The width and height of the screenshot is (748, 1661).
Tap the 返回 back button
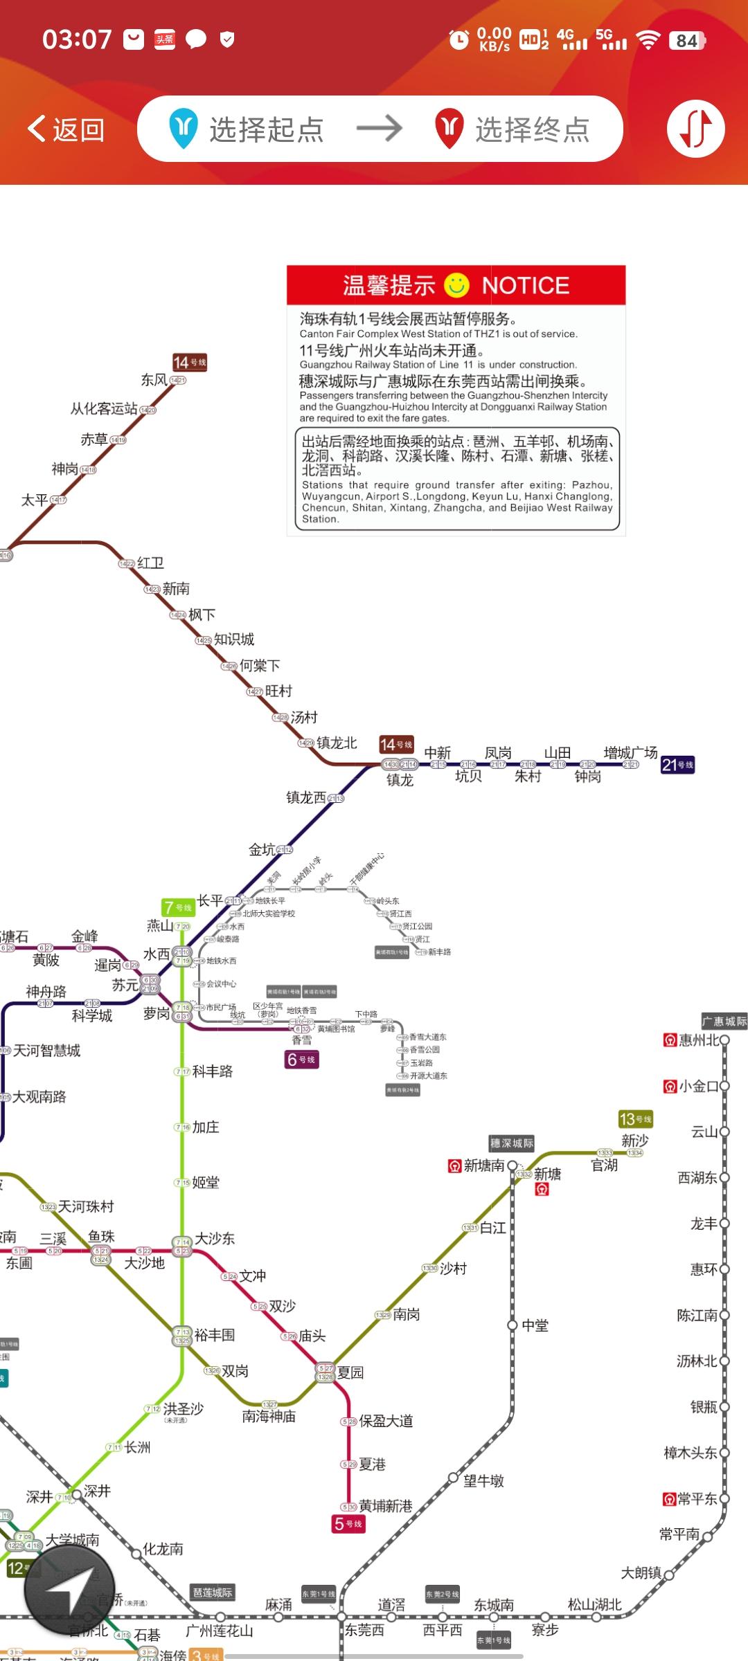66,129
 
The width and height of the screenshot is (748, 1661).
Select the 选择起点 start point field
266,129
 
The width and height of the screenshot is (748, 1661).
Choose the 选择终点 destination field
531,129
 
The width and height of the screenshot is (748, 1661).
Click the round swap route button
695,129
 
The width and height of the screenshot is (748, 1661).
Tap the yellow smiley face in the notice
456,284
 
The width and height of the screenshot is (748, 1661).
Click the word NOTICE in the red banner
525,285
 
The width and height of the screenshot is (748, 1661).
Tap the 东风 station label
154,379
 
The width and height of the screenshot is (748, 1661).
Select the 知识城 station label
233,639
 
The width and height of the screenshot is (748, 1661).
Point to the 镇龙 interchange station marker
400,765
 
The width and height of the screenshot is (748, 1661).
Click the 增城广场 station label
630,752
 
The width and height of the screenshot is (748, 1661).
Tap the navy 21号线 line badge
677,765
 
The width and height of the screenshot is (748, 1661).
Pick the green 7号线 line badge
177,907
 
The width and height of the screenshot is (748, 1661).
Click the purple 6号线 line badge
301,1059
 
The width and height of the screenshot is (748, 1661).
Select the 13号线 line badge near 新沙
634,1119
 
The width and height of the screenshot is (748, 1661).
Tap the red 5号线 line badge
348,1523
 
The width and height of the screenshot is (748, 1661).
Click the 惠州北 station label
699,1040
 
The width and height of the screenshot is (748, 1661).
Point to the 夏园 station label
350,1372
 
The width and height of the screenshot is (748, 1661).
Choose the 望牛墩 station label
483,1480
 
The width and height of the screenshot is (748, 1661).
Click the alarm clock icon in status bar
458,39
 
